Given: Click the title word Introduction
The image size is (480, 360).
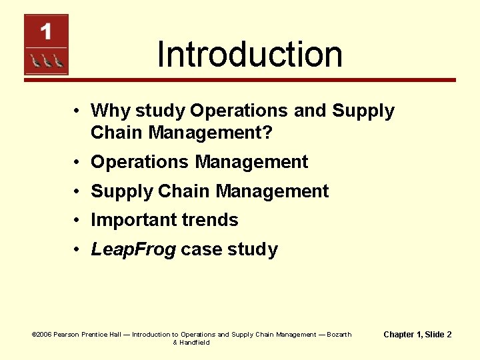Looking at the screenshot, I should point(250,55).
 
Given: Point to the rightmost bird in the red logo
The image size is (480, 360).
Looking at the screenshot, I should point(58,61).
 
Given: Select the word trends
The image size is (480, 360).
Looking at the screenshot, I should point(212,220).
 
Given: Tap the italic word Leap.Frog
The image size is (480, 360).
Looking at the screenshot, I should point(133,250).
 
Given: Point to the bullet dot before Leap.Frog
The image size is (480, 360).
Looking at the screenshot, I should point(78,250).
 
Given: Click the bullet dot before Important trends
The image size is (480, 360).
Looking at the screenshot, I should point(78,220).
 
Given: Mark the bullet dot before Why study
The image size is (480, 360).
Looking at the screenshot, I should point(78,111).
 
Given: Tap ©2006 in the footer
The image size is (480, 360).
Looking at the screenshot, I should point(41,335).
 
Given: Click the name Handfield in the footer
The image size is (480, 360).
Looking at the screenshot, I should point(195,343).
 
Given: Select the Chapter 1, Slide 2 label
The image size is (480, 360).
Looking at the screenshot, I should point(417,335).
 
